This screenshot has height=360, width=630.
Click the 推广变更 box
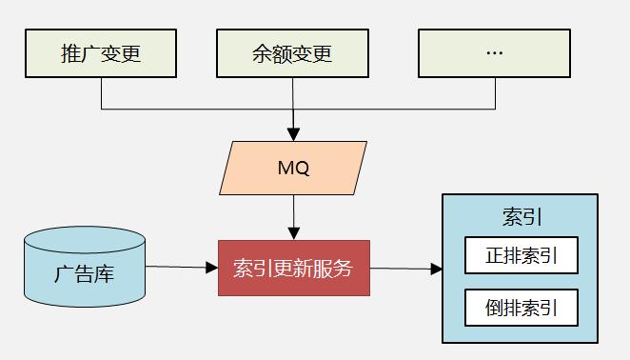(x=101, y=53)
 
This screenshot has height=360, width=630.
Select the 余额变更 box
(x=293, y=53)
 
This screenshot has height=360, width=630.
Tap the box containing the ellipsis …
(x=494, y=53)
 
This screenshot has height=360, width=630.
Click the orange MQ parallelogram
(x=293, y=169)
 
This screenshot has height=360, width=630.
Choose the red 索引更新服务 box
(x=293, y=268)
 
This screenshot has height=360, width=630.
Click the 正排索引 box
(x=521, y=256)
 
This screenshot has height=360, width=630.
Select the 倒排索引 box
(x=521, y=308)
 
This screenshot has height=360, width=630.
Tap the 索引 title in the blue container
(x=521, y=216)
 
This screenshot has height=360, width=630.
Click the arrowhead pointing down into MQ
(x=293, y=134)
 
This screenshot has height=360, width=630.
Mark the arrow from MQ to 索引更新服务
(x=293, y=218)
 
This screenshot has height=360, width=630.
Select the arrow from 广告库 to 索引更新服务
(x=182, y=268)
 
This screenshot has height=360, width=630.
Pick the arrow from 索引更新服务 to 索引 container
(x=405, y=269)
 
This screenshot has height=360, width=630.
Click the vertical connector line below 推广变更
(x=101, y=93)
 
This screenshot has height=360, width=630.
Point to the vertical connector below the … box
(x=494, y=93)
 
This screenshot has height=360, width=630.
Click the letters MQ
(x=293, y=169)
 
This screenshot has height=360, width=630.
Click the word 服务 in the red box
(x=333, y=268)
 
